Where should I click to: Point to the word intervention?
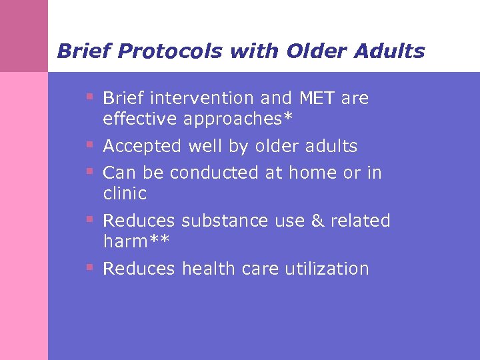point(203,99)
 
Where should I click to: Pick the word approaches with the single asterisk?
point(237,119)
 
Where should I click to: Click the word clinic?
point(125,194)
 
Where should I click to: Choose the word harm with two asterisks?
point(137,241)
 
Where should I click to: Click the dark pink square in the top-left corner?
point(24,35)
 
